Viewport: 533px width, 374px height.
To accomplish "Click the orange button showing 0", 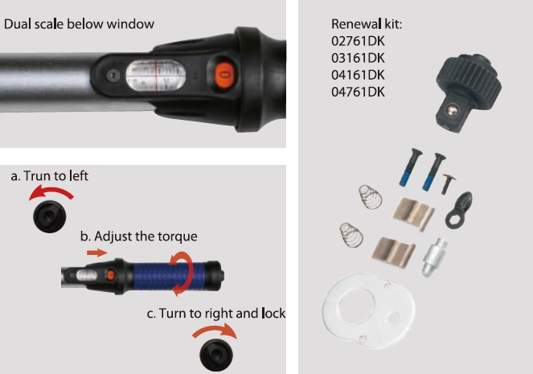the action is point(225,75).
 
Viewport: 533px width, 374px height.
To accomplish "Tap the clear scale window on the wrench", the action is point(156,75).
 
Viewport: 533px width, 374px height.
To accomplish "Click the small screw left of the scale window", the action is point(113,75).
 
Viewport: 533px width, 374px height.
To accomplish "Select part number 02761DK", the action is point(358,41).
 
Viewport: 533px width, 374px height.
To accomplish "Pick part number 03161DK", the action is point(358,58).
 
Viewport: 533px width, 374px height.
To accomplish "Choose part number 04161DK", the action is point(358,75).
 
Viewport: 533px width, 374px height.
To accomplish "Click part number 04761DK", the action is point(358,92).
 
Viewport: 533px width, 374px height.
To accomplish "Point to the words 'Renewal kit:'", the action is point(367,24).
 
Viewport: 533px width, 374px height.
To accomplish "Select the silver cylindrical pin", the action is point(434,257).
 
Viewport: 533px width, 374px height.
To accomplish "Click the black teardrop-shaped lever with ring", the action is point(459,210).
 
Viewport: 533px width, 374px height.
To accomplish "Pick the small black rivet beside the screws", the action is point(448,184).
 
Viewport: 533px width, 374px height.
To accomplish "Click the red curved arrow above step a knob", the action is point(51,191).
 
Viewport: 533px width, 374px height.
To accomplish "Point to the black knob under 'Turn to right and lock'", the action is point(216,355).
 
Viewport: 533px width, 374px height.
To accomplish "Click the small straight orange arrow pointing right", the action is point(97,253).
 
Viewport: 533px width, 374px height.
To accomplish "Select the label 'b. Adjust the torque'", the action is point(139,236).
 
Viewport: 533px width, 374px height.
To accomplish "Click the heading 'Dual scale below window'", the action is point(79,24).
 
